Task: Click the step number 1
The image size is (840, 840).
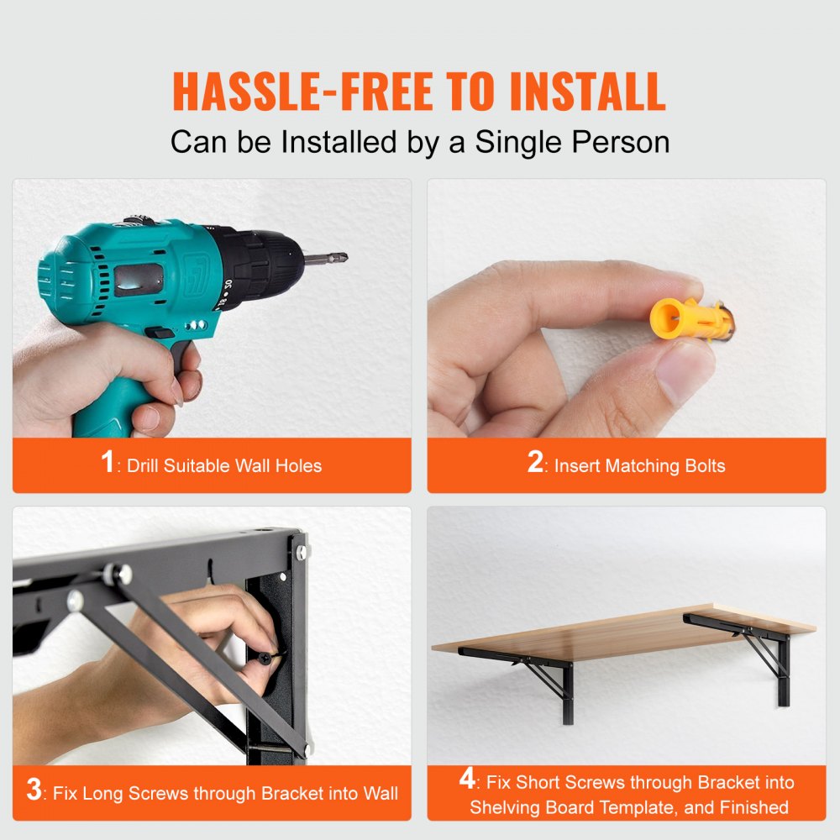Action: (108, 463)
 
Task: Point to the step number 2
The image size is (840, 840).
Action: (535, 463)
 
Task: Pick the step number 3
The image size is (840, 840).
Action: (34, 790)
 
